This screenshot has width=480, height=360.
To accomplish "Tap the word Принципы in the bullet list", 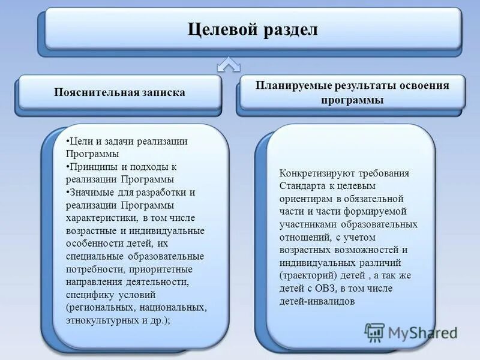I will click(x=90, y=167).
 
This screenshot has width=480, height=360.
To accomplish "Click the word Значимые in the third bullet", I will click(x=91, y=193).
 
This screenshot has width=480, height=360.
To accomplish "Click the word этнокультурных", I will click(x=103, y=320).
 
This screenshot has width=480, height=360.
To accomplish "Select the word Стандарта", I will click(x=301, y=186).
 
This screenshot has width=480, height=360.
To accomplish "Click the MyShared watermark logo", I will click(x=412, y=332).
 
